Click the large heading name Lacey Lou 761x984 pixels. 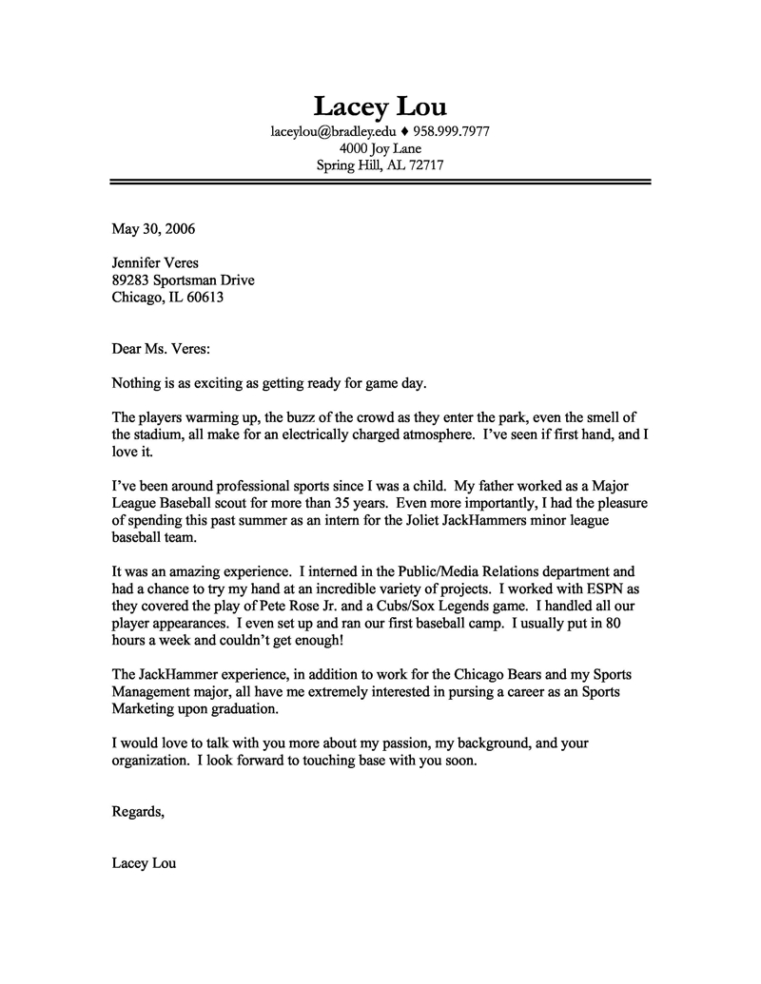pyautogui.click(x=380, y=106)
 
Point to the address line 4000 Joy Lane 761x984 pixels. pyautogui.click(x=380, y=148)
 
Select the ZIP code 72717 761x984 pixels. pyautogui.click(x=426, y=164)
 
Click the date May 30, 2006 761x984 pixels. pyautogui.click(x=153, y=228)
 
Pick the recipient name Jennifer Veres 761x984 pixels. pyautogui.click(x=155, y=262)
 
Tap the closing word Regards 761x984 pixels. pyautogui.click(x=138, y=812)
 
